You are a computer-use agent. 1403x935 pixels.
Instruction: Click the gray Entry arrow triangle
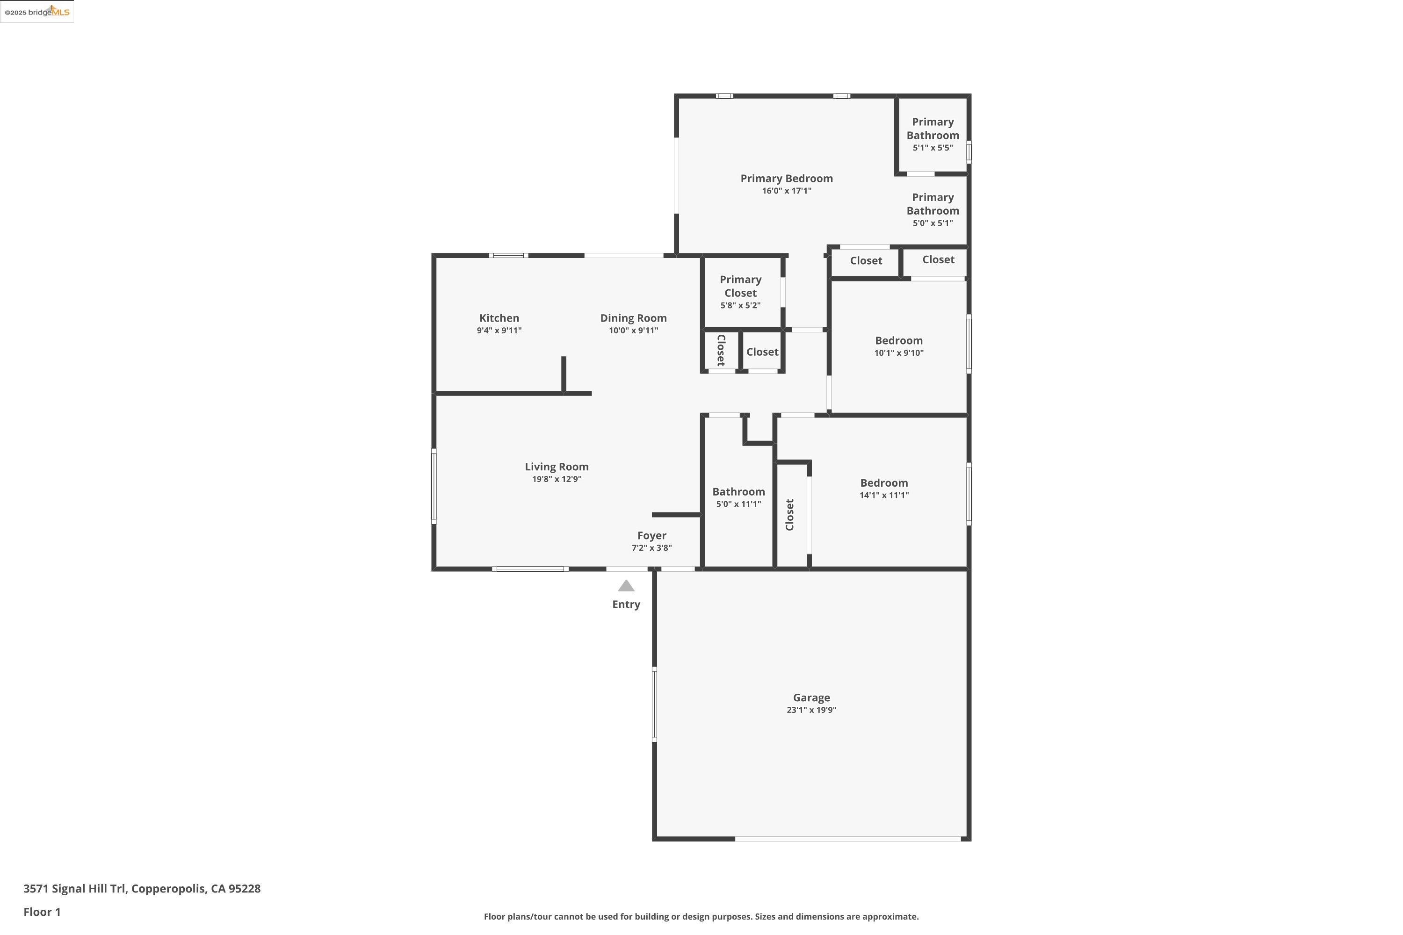(626, 586)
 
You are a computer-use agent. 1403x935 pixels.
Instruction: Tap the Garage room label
(811, 697)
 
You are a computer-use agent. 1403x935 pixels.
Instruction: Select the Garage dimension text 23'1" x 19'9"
(811, 710)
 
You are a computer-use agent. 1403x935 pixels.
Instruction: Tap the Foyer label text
(651, 535)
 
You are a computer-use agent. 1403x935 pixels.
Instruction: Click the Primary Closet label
(740, 286)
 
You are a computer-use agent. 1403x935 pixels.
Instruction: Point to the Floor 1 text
(42, 912)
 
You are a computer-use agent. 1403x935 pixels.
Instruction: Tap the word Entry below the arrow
(626, 604)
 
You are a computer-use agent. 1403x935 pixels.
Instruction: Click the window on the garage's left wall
(654, 704)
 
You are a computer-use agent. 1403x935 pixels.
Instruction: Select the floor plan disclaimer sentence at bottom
(701, 916)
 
